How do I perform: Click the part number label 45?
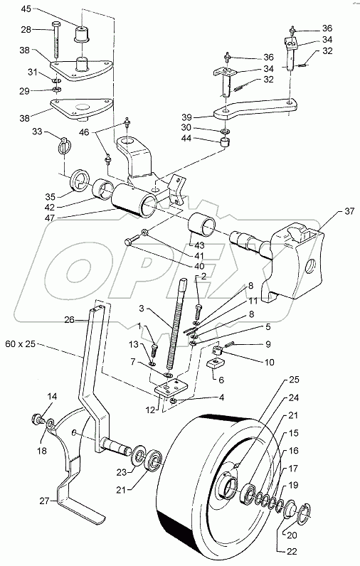point(46,9)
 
